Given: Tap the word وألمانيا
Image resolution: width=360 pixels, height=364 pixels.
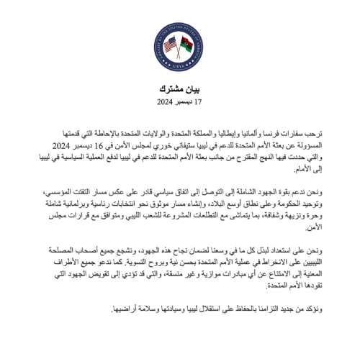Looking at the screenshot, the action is [x=255, y=135].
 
